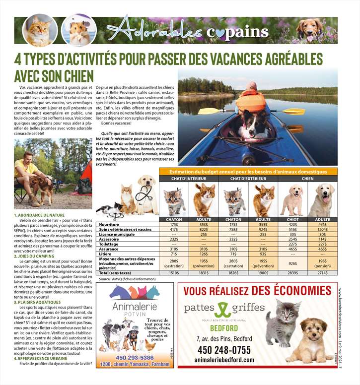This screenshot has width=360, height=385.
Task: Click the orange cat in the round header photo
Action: tap(39, 31)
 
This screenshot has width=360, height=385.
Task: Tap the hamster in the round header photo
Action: tap(78, 31)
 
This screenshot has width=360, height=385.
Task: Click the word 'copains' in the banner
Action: tap(237, 32)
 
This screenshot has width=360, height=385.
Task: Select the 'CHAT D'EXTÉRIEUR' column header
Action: tap(248, 178)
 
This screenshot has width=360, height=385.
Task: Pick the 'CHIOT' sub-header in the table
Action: tap(292, 219)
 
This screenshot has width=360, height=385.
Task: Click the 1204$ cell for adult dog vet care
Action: tap(322, 229)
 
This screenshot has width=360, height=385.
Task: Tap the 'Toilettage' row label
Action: tap(109, 244)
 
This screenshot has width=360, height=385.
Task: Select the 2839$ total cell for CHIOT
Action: tap(292, 273)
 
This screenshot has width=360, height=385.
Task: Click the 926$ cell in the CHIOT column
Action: tap(292, 263)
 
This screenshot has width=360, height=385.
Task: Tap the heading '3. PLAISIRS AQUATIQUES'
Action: tap(38, 302)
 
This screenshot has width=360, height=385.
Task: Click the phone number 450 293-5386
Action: tap(135, 357)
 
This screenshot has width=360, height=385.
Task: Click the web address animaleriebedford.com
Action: tap(224, 360)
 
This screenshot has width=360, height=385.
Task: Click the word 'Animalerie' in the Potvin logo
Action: tap(135, 306)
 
